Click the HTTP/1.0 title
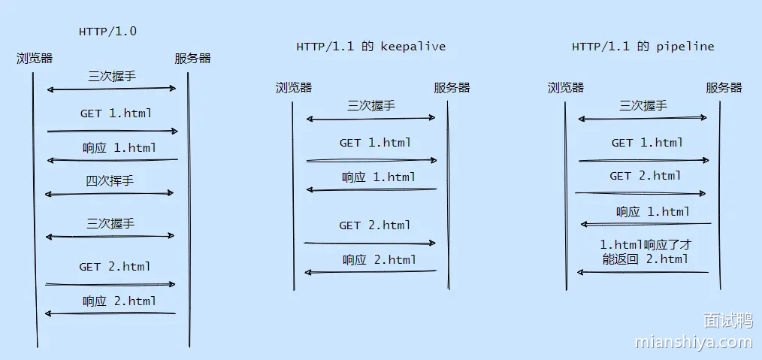[107, 32]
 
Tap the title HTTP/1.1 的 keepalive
[370, 47]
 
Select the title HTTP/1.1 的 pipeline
[643, 47]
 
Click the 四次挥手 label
[110, 180]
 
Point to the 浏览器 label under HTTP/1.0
[35, 58]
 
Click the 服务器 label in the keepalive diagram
[452, 87]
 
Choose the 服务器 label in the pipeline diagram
[724, 87]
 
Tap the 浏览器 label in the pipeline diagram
[566, 87]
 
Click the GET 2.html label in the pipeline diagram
[646, 176]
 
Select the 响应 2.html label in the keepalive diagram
[379, 260]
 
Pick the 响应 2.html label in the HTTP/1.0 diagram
[119, 301]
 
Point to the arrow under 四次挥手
[110, 194]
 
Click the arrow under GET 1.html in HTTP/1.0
[112, 132]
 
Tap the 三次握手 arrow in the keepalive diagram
[370, 118]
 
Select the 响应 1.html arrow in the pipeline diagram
[646, 224]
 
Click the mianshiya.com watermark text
[693, 343]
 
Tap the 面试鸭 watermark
[727, 321]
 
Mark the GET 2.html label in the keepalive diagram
[375, 225]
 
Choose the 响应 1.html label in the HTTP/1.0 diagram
[119, 148]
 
